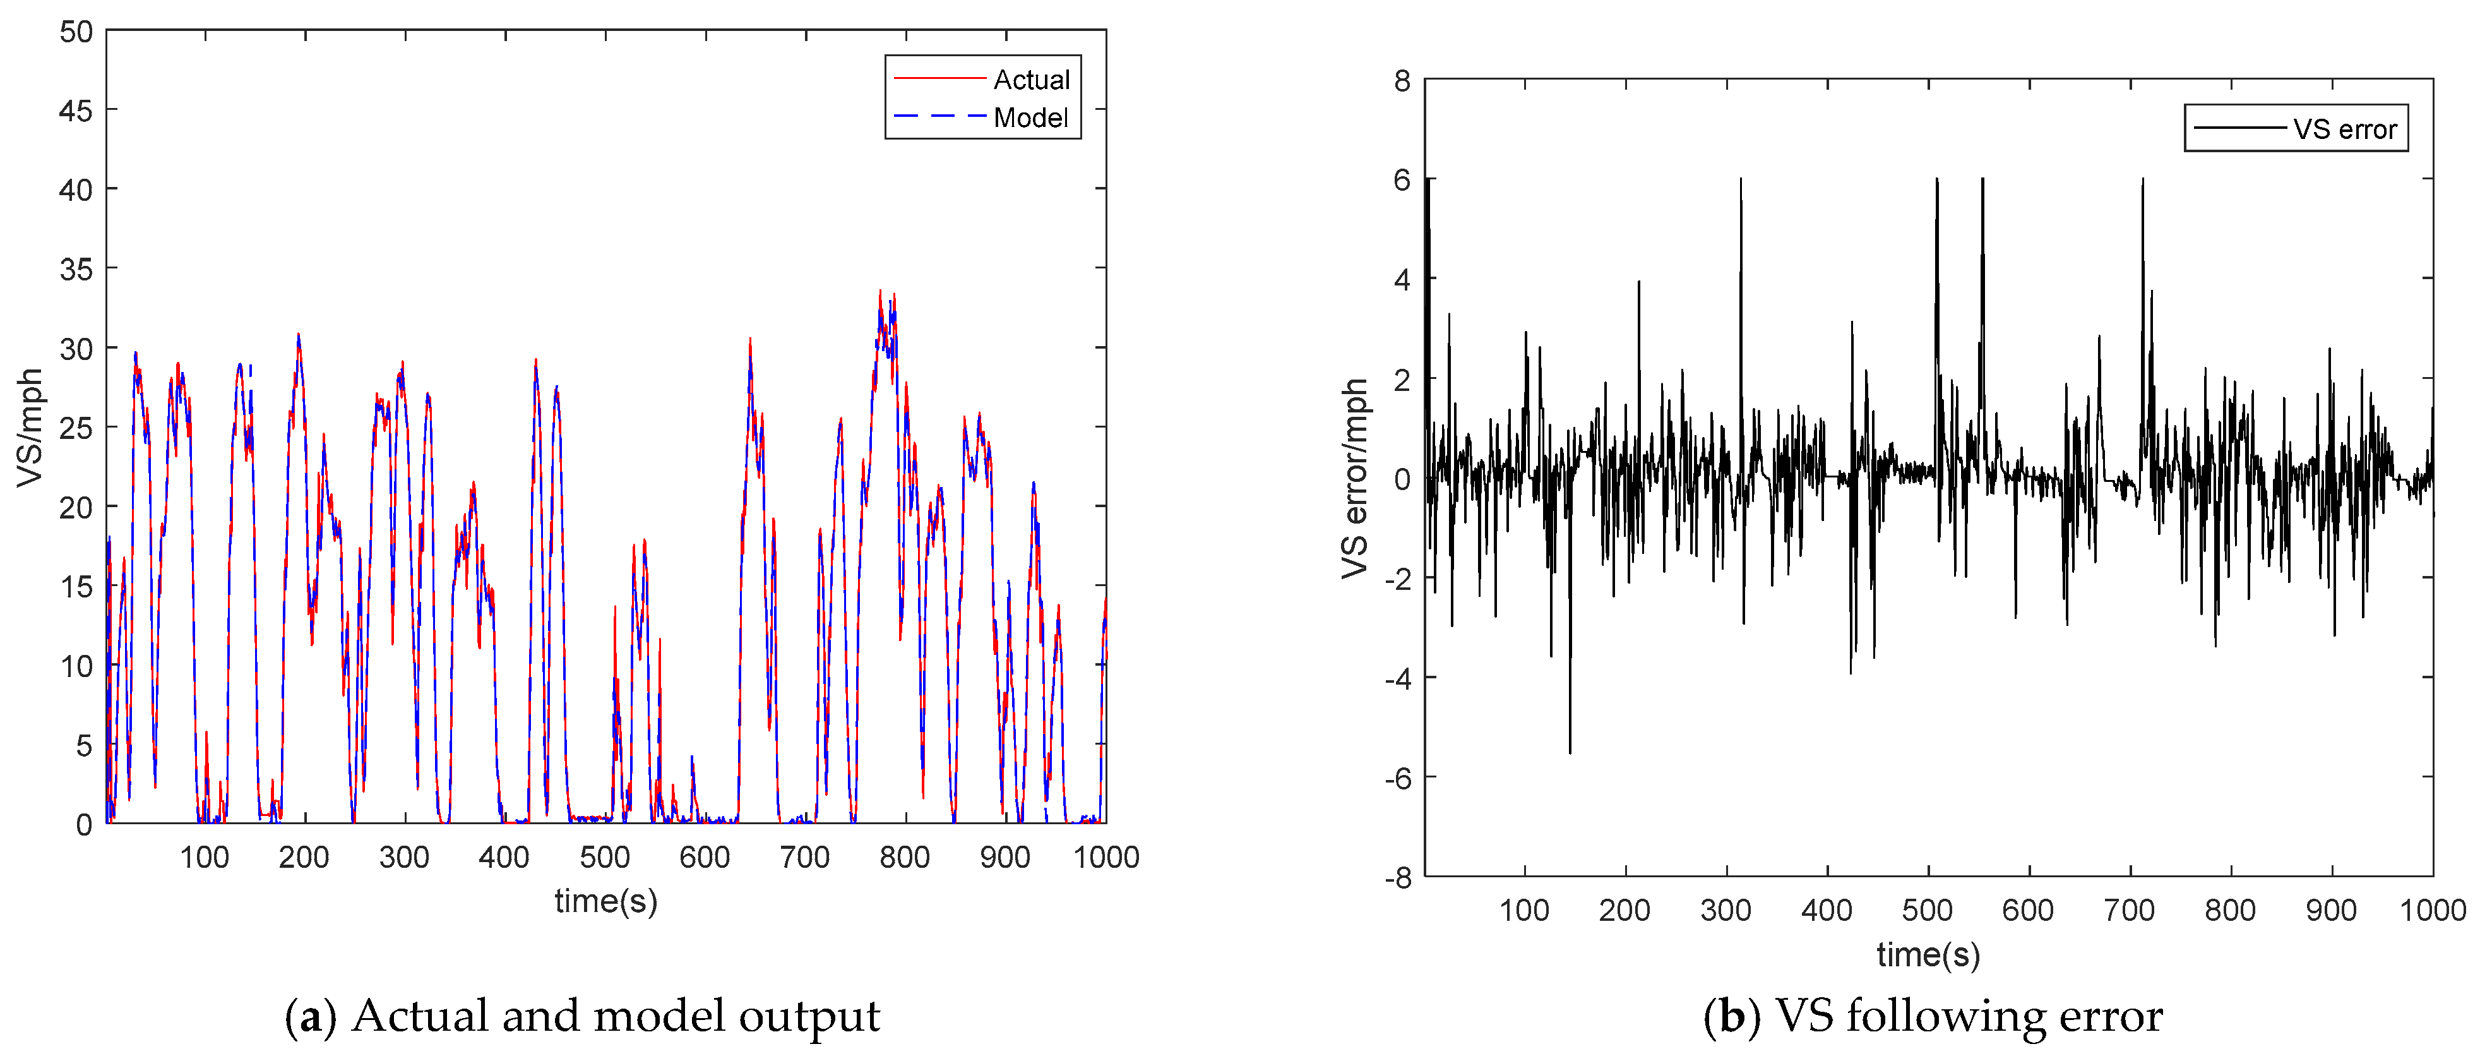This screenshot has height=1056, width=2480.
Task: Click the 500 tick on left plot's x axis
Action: (x=605, y=856)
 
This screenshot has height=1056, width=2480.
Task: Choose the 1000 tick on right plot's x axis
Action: (x=2432, y=909)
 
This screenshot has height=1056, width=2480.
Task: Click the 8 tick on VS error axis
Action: (x=1402, y=81)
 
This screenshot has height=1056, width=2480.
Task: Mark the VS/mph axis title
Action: (x=31, y=428)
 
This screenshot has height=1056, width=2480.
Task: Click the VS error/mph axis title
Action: (x=1354, y=479)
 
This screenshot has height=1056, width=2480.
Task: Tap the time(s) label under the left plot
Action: (x=605, y=901)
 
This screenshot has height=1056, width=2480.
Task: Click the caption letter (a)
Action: (x=310, y=1017)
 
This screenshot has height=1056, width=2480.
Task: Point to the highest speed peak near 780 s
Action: (x=879, y=292)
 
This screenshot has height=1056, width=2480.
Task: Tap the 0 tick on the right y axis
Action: (x=1402, y=479)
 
